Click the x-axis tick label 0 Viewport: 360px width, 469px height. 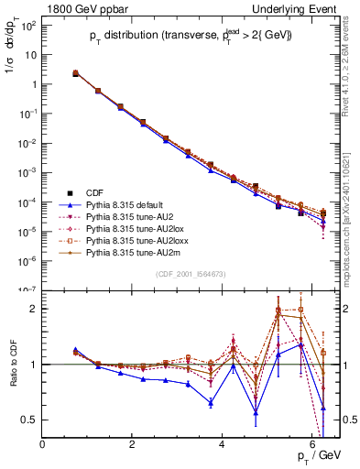point(43,445)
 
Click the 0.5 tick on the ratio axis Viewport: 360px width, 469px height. point(30,420)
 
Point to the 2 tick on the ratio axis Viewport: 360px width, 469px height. point(34,309)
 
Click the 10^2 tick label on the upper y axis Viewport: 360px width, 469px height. point(29,25)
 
